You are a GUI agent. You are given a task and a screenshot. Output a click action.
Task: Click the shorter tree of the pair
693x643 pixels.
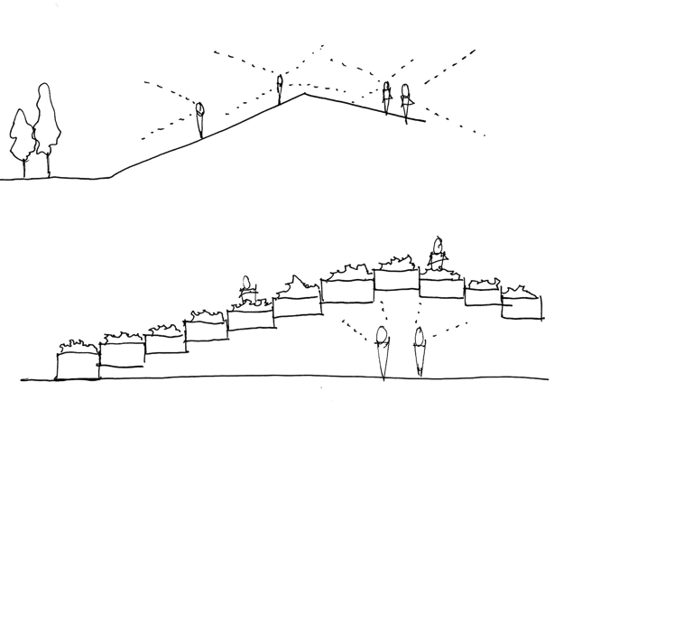click(21, 135)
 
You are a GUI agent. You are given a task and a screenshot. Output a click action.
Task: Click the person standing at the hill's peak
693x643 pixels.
click(280, 89)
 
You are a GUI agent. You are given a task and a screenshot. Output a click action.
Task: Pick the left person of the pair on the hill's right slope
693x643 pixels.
click(386, 97)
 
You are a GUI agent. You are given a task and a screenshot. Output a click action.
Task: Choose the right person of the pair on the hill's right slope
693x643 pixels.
click(405, 99)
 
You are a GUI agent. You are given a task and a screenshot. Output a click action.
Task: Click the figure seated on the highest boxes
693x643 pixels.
click(439, 256)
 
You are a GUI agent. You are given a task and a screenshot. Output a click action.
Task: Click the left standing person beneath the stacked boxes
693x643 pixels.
click(383, 352)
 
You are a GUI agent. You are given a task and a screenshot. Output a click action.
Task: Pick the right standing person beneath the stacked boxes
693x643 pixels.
click(419, 352)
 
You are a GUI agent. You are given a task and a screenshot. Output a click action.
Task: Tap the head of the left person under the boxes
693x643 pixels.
click(383, 333)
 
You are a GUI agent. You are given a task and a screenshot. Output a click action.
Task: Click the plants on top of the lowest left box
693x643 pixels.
click(76, 346)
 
